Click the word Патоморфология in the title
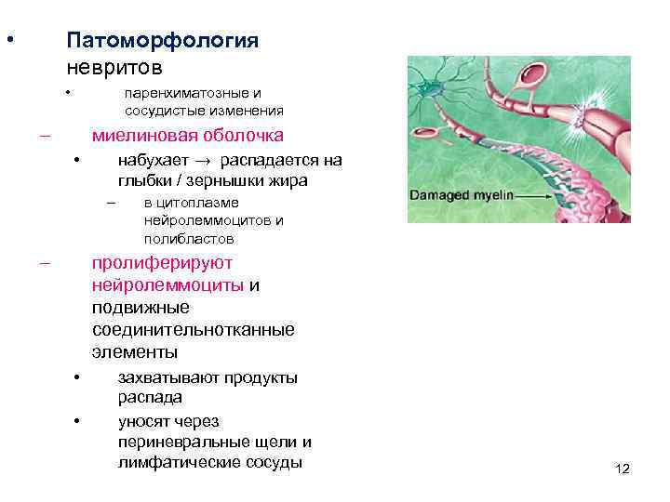(x=162, y=42)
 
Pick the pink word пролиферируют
(x=162, y=263)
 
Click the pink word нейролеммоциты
(x=168, y=285)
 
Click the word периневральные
(x=178, y=442)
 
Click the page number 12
(x=623, y=469)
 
